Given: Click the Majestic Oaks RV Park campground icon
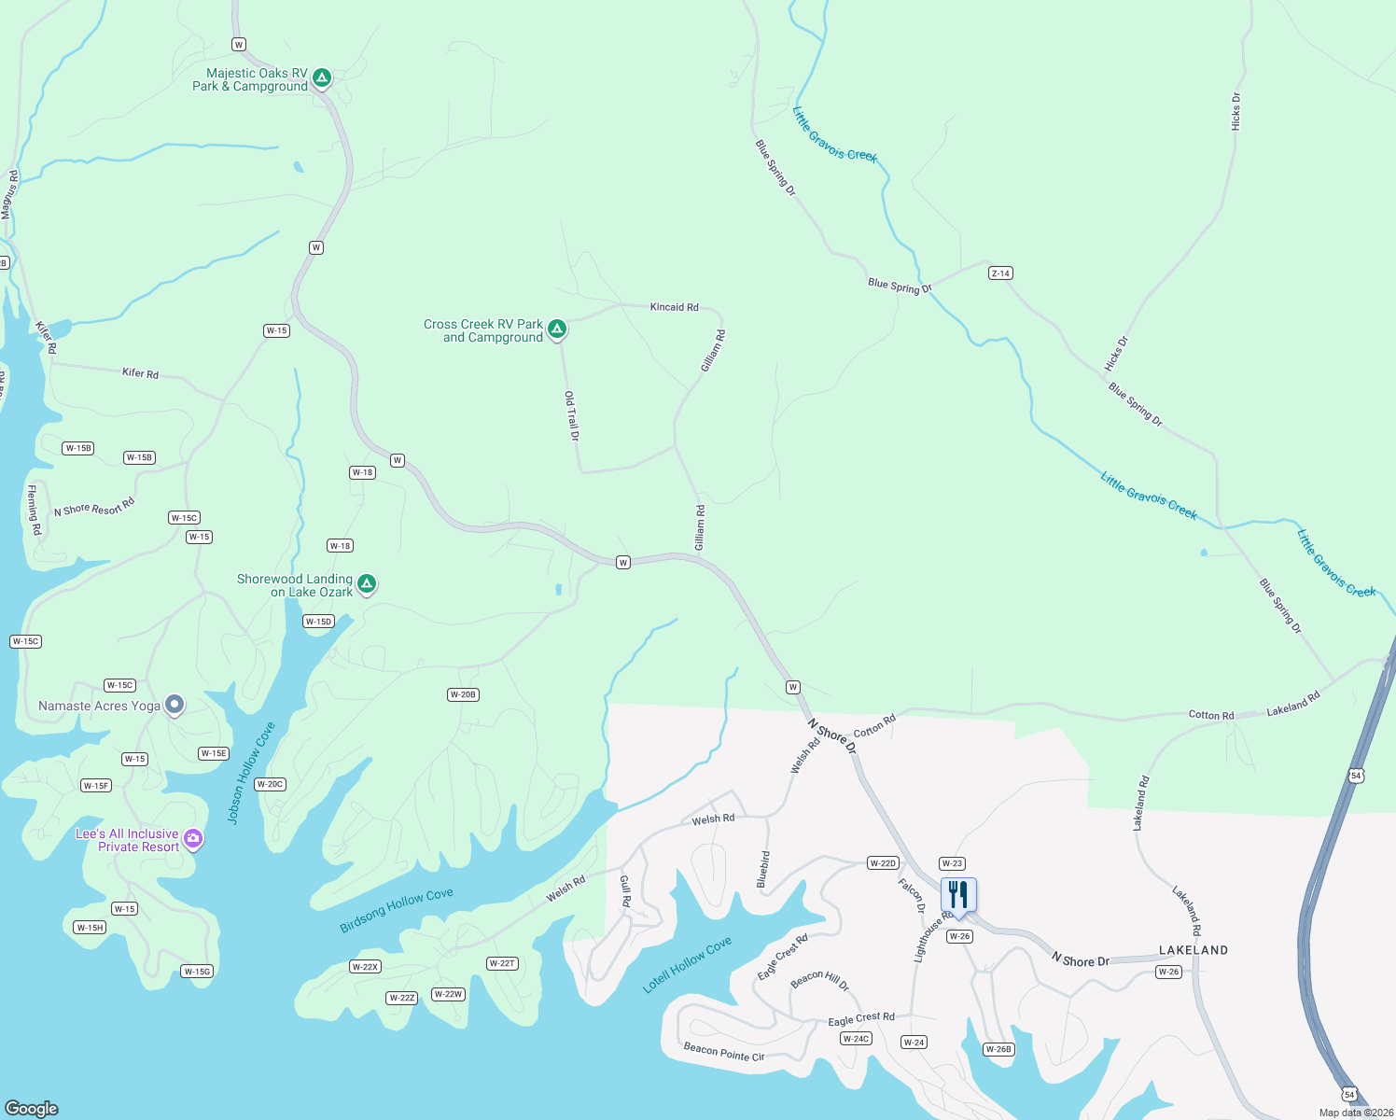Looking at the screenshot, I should pyautogui.click(x=322, y=77).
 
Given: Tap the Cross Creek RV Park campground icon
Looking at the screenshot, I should pyautogui.click(x=557, y=329).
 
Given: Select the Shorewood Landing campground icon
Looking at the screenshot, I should pyautogui.click(x=367, y=584).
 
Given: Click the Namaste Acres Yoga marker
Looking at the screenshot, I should pyautogui.click(x=174, y=705).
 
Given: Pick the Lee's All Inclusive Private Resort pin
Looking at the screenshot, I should pyautogui.click(x=193, y=838).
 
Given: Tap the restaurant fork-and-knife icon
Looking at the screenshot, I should pyautogui.click(x=958, y=895).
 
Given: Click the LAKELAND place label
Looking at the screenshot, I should pyautogui.click(x=1194, y=950).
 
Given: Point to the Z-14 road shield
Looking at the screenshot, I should pyautogui.click(x=1000, y=273).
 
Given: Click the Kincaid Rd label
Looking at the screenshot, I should pyautogui.click(x=674, y=307).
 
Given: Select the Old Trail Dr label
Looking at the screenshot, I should pyautogui.click(x=571, y=416).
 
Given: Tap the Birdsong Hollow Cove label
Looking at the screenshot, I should pyautogui.click(x=397, y=910).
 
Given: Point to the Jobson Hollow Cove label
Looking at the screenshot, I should pyautogui.click(x=251, y=773).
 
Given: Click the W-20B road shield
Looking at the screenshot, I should pyautogui.click(x=463, y=694).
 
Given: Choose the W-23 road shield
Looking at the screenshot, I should pyautogui.click(x=952, y=863).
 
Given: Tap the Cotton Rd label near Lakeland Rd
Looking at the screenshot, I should pyautogui.click(x=1211, y=715).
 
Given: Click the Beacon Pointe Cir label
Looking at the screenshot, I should pyautogui.click(x=724, y=1051).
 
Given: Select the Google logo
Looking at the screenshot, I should pyautogui.click(x=32, y=1108).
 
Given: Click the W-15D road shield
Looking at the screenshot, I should pyautogui.click(x=318, y=622).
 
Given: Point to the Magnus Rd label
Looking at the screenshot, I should pyautogui.click(x=9, y=194).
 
